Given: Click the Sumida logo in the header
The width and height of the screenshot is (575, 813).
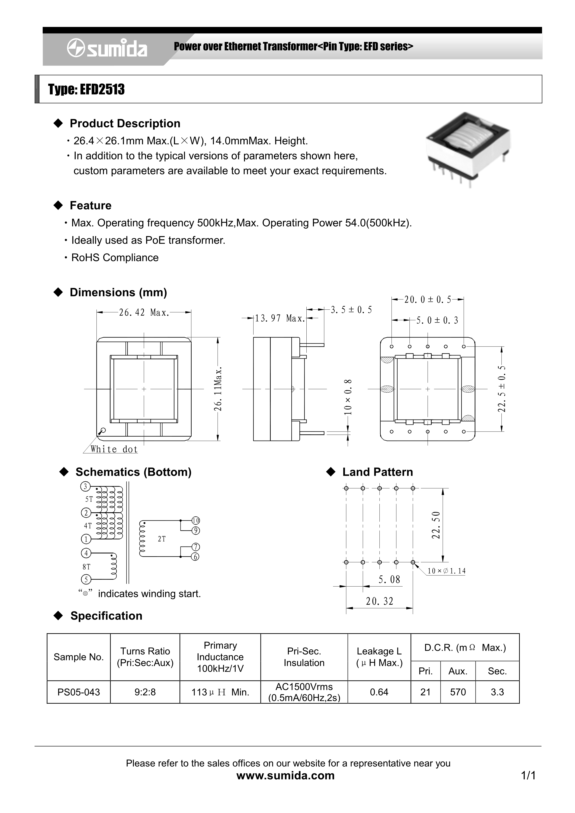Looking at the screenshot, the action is click(107, 48).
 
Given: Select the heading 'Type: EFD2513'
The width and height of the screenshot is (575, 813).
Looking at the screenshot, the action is click(87, 90).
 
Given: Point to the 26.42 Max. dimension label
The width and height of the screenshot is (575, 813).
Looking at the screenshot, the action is click(144, 313).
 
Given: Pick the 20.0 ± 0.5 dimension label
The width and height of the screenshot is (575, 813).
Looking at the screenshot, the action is click(428, 300).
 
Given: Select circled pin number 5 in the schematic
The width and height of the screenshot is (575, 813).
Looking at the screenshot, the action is click(86, 580).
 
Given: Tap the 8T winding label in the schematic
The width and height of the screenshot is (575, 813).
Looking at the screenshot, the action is click(87, 567).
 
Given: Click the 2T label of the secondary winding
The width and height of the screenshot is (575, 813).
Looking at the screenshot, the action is click(162, 539).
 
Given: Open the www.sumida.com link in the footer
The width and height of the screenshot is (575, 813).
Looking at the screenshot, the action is click(285, 775).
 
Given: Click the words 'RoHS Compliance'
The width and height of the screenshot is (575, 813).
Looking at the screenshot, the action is click(115, 258).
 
